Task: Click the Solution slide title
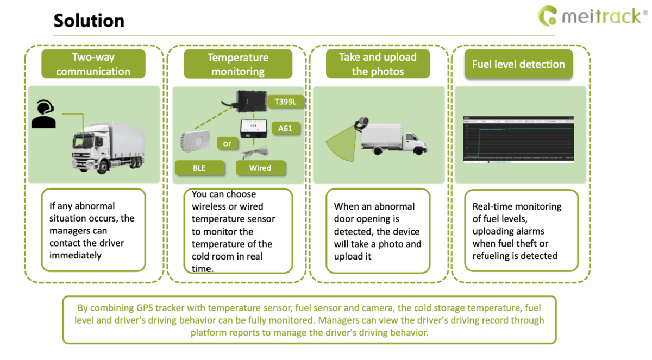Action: pos(89,21)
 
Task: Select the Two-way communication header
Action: pos(93,64)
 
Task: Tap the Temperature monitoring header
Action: pos(238,64)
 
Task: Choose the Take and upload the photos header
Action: pos(378,64)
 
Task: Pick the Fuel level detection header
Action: pos(518,64)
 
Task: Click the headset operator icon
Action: pos(43,113)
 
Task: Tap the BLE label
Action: pos(199,168)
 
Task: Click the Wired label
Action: pos(260,168)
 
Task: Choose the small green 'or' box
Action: pos(227,144)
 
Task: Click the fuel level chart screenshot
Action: pos(518,139)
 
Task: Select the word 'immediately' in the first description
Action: pos(76,256)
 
